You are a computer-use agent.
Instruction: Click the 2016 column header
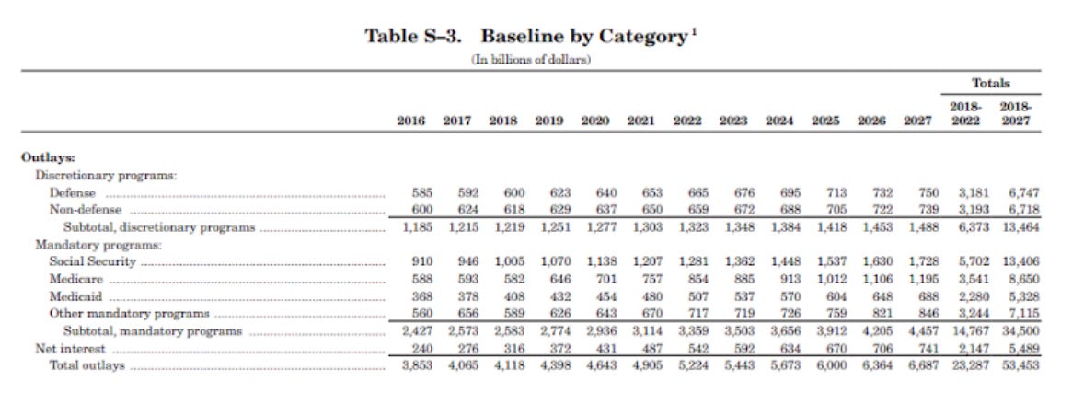[411, 121]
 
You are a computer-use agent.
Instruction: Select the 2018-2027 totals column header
[1015, 114]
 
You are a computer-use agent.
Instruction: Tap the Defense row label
[72, 192]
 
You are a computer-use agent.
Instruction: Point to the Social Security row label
[92, 261]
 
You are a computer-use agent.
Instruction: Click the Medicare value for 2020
[605, 279]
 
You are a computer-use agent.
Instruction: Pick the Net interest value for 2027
[928, 349]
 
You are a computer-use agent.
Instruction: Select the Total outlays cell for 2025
[829, 365]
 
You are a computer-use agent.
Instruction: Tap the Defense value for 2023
[743, 192]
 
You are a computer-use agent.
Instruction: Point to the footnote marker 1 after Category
[690, 31]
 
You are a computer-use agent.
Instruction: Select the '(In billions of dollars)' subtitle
[531, 60]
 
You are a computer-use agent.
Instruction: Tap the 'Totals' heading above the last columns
[991, 83]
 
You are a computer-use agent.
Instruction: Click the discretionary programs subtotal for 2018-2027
[1018, 227]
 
